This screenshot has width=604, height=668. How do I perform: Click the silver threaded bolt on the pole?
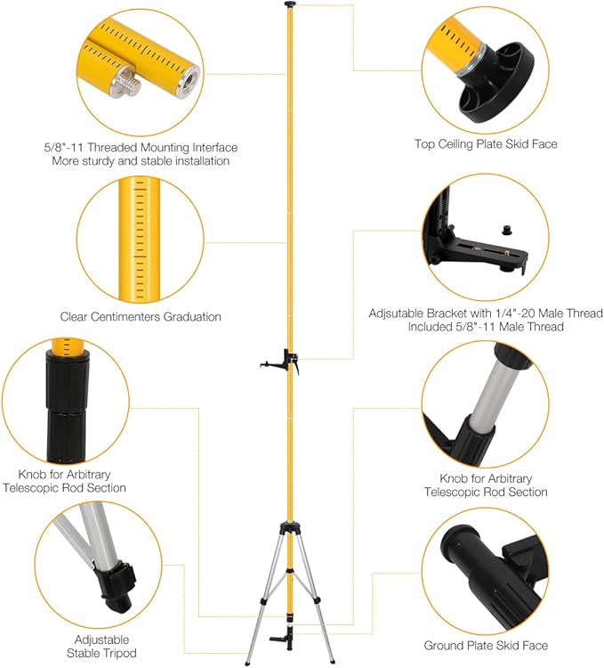[125, 84]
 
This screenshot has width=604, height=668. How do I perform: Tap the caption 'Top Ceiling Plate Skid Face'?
[486, 143]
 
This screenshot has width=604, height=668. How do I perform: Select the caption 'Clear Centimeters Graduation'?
[141, 316]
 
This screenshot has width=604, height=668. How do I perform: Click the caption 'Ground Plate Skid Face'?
[486, 645]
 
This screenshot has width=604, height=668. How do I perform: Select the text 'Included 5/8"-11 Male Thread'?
[485, 327]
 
